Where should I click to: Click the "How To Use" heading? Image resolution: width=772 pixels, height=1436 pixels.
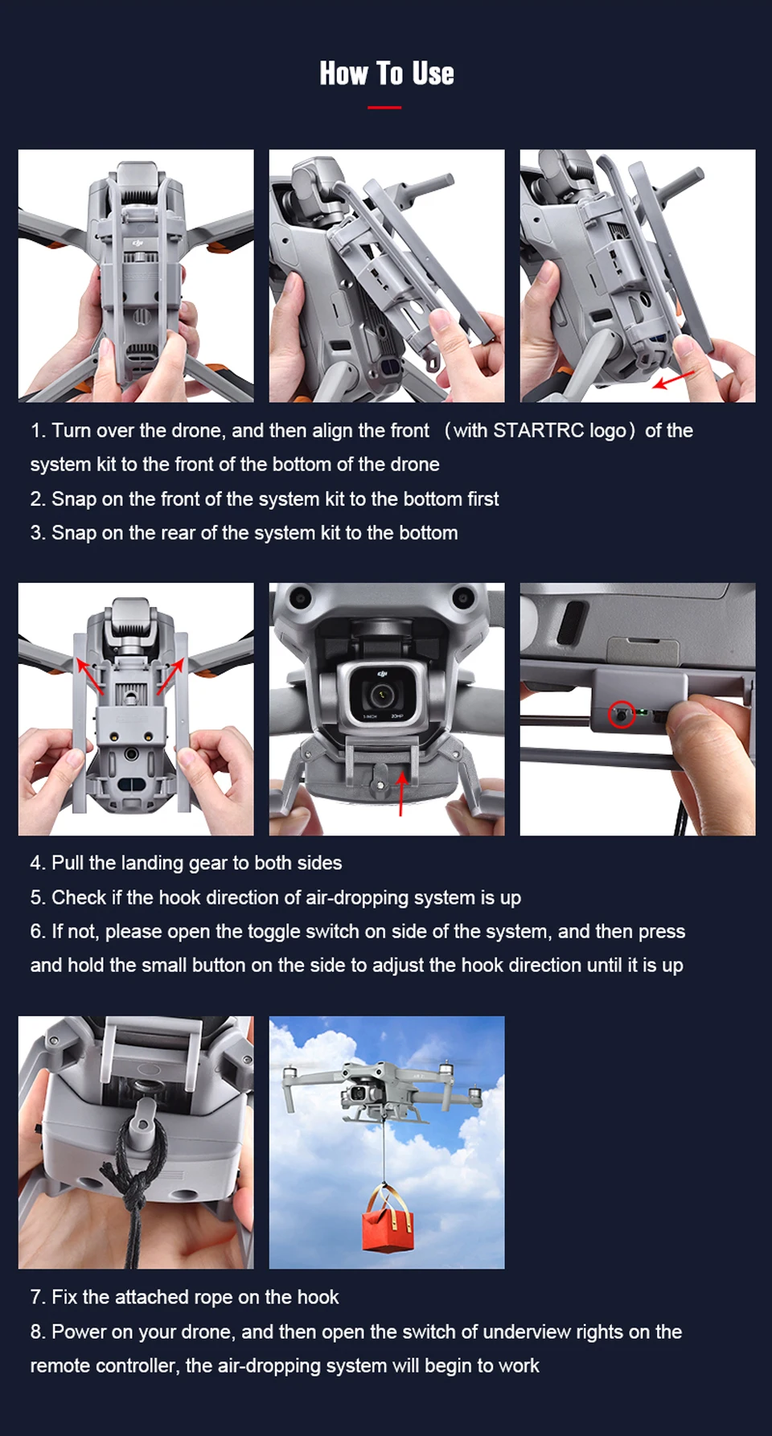pos(387,73)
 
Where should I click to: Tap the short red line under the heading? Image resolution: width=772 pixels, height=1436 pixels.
pos(384,107)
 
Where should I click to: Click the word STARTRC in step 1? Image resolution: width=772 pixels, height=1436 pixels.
pos(538,431)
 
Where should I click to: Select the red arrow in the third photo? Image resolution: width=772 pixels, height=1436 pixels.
pos(673,379)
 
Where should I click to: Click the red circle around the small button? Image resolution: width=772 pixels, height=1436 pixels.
pos(621,714)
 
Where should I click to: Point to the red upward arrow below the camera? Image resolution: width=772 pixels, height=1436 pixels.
pos(400,791)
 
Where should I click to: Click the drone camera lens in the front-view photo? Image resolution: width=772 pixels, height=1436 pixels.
pos(379,693)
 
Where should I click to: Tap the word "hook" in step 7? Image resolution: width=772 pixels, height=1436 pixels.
pos(318,1297)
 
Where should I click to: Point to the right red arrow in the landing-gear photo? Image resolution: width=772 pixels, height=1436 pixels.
pos(170,676)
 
